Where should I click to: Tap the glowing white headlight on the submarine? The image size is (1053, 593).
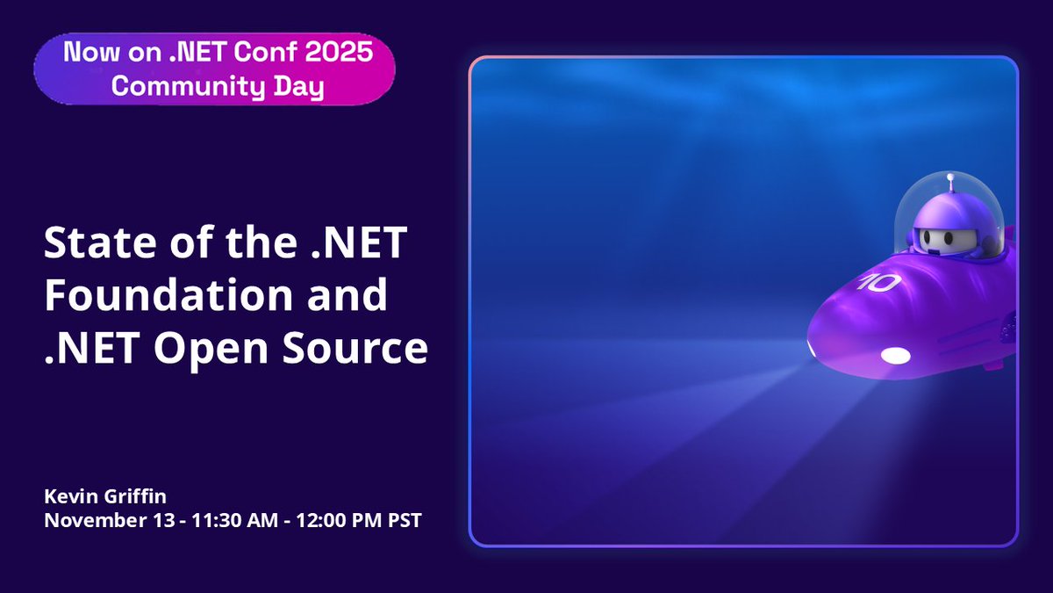coord(894,355)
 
